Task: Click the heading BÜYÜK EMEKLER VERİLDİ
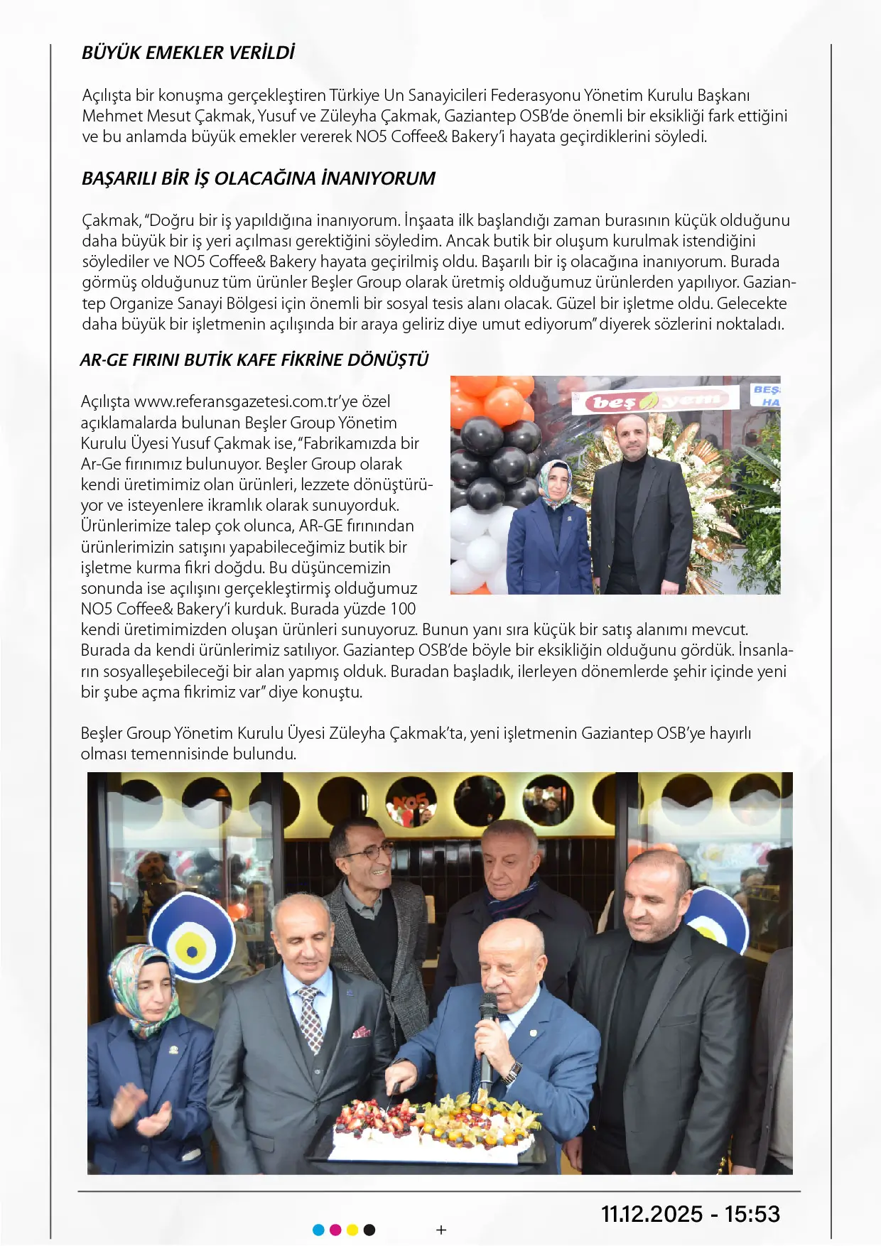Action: pos(188,53)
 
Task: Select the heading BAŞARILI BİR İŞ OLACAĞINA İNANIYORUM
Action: pos(259,178)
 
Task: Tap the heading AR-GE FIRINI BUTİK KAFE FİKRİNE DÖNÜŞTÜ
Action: pos(254,360)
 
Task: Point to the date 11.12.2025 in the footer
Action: pos(652,1214)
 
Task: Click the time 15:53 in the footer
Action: pos(752,1214)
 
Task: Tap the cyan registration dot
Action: pos(318,1230)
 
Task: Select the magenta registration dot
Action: pos(335,1230)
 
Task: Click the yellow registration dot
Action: pos(352,1230)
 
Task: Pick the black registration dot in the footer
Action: pos(369,1230)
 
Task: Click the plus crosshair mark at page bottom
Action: pos(441,1230)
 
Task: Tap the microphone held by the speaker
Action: pos(487,1023)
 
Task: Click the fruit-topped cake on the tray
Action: pos(435,1126)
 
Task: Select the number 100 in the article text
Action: pos(403,610)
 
